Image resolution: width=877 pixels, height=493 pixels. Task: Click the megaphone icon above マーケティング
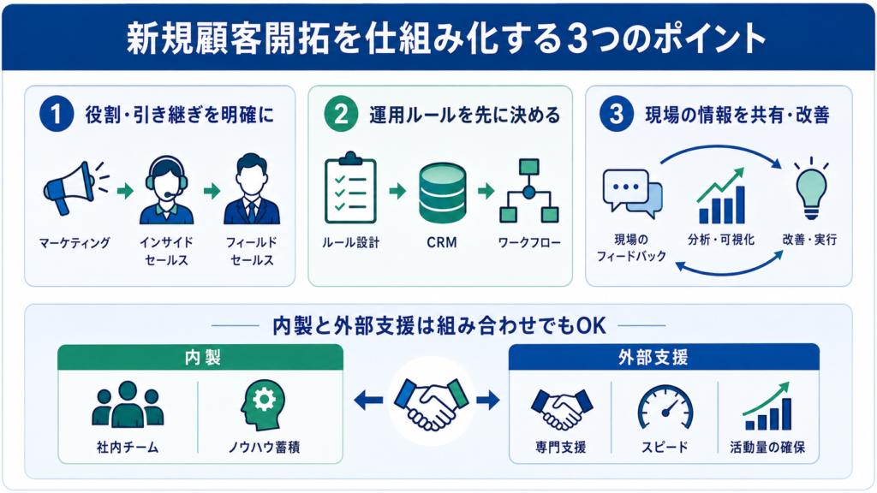click(x=71, y=189)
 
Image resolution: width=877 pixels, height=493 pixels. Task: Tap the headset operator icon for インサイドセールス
click(x=166, y=190)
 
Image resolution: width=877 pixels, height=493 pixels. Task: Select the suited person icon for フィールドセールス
click(x=252, y=189)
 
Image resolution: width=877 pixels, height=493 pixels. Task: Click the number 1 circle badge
click(x=57, y=114)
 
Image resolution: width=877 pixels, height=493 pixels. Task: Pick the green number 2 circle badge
click(x=341, y=114)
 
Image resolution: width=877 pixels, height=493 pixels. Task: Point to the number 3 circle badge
click(x=617, y=114)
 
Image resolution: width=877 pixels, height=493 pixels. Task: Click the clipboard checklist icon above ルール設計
click(x=350, y=187)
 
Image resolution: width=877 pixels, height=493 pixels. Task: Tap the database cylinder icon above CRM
click(x=442, y=193)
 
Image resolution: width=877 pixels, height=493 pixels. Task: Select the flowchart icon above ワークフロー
click(x=529, y=191)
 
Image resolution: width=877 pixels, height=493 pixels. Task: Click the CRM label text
click(x=442, y=242)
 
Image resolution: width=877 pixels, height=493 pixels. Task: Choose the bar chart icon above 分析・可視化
click(x=721, y=196)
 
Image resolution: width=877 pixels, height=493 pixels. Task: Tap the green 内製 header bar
click(x=200, y=357)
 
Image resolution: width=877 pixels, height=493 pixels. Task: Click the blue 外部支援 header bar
click(x=664, y=357)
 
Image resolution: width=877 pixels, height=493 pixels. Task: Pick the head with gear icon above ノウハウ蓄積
click(x=263, y=405)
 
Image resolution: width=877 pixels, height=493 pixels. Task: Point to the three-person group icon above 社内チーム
click(x=128, y=405)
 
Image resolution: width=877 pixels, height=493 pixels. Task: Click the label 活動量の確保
click(x=767, y=447)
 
